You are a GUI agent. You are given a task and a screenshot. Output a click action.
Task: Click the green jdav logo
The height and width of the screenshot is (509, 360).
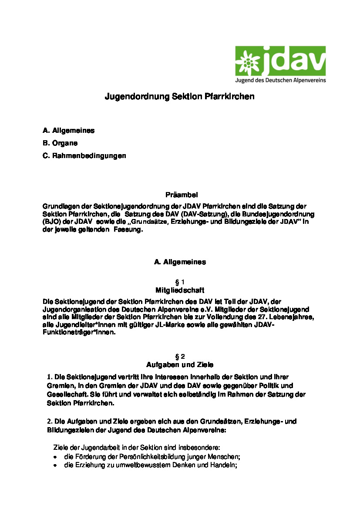(280, 64)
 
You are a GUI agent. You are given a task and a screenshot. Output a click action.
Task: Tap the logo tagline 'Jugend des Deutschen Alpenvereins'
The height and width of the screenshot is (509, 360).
(280, 81)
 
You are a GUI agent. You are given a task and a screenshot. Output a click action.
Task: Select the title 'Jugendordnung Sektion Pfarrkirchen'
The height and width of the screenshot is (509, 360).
(179, 97)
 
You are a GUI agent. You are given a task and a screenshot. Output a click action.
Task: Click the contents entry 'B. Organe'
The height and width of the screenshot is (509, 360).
(60, 143)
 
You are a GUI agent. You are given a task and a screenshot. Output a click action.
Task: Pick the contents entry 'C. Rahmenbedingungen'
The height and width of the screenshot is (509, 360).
(84, 155)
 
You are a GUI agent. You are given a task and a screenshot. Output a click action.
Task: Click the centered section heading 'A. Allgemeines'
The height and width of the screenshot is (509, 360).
(180, 262)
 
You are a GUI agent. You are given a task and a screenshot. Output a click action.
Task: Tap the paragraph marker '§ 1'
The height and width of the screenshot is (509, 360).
(180, 282)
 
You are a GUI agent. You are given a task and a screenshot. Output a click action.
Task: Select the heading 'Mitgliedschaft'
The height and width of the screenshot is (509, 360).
(180, 290)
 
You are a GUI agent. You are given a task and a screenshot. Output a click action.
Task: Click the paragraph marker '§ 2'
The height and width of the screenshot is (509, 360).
(180, 356)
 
